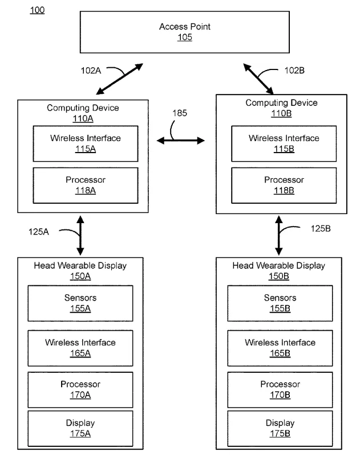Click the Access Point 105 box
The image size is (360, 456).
pyautogui.click(x=184, y=32)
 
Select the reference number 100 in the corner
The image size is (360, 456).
pyautogui.click(x=37, y=10)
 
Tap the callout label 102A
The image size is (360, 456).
pyautogui.click(x=91, y=71)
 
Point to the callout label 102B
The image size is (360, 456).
pyautogui.click(x=294, y=71)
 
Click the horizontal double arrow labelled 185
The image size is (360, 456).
pyautogui.click(x=181, y=141)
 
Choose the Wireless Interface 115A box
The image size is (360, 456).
pyautogui.click(x=86, y=143)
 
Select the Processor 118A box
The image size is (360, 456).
pyautogui.click(x=86, y=185)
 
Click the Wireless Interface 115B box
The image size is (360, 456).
pyautogui.click(x=284, y=143)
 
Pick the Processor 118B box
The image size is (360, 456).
pyautogui.click(x=284, y=185)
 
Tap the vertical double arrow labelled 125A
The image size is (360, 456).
pyautogui.click(x=80, y=235)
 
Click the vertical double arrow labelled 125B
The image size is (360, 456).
pyautogui.click(x=279, y=235)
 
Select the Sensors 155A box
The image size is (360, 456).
pyautogui.click(x=80, y=303)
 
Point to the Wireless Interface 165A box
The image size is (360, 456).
pyautogui.click(x=80, y=348)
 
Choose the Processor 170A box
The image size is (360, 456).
pyautogui.click(x=80, y=390)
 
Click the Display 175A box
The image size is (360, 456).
pyautogui.click(x=80, y=429)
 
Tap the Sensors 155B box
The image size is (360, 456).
pyautogui.click(x=280, y=303)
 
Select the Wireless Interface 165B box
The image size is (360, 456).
pyautogui.click(x=280, y=348)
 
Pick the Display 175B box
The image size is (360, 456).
pyautogui.click(x=280, y=429)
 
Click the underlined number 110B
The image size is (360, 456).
pyautogui.click(x=281, y=113)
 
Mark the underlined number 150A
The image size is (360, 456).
pyautogui.click(x=80, y=276)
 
